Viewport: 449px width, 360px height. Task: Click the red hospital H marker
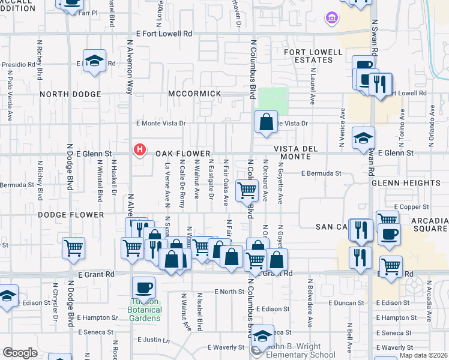(x=140, y=149)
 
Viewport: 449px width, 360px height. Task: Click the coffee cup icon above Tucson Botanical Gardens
(x=143, y=287)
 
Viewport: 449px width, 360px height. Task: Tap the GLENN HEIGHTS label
(x=405, y=183)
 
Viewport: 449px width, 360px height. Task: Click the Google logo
(x=20, y=353)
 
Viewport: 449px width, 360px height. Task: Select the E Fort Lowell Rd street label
(x=164, y=34)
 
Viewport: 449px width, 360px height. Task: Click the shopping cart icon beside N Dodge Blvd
(x=73, y=247)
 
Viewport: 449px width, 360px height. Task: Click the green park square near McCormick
(x=273, y=101)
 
